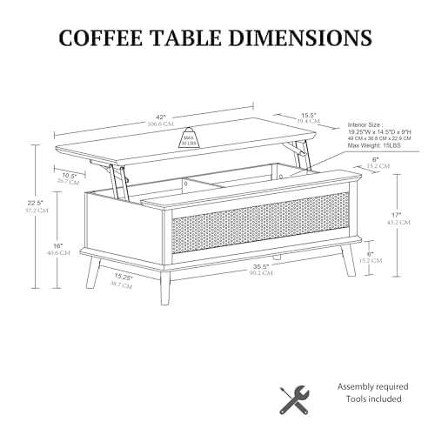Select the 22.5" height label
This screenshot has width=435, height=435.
coord(34,203)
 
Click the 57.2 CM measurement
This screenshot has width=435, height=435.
coord(34,211)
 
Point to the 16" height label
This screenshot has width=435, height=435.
coord(58,246)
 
